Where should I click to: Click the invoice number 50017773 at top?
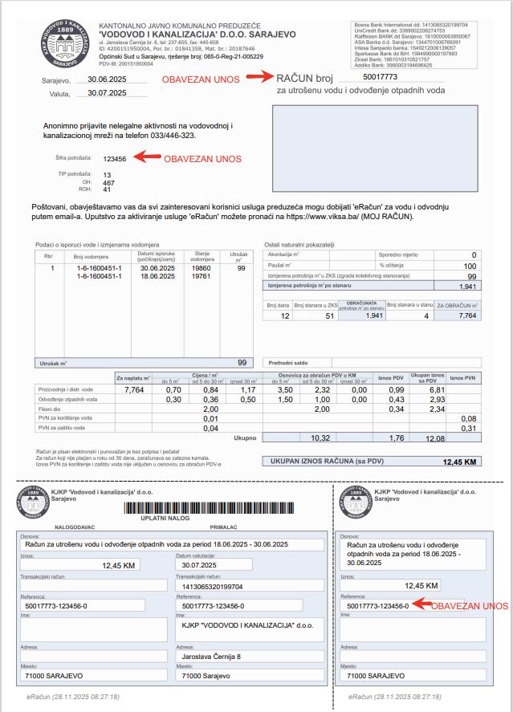[x=381, y=77]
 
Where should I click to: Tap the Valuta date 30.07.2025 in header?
[x=108, y=93]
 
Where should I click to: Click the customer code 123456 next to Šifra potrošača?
[x=115, y=159]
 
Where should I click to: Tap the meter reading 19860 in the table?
[x=202, y=268]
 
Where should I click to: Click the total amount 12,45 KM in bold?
[x=460, y=462]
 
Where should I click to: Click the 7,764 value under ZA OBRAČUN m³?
[x=466, y=316]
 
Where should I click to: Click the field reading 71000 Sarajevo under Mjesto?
[x=205, y=676]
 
